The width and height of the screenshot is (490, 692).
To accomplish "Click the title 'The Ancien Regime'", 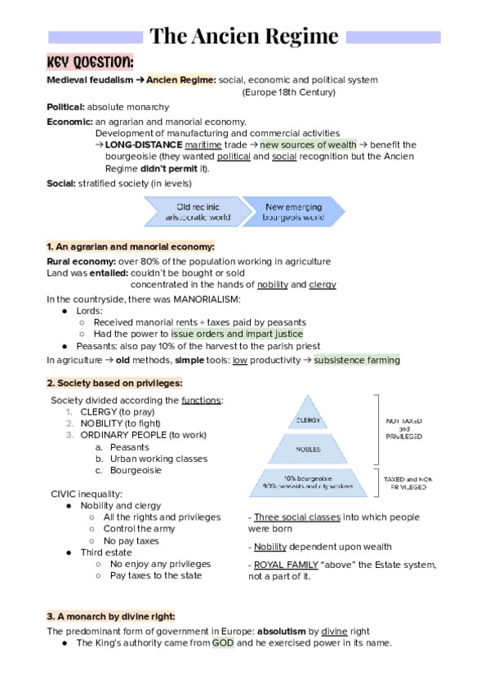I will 244,37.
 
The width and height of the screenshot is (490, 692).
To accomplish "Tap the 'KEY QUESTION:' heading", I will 90,64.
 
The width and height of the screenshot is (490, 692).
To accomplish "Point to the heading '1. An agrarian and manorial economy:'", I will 131,246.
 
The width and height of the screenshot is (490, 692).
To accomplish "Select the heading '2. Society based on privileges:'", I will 114,383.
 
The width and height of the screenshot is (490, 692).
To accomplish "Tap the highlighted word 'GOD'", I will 223,643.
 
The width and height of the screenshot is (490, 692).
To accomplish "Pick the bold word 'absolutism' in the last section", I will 287,631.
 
